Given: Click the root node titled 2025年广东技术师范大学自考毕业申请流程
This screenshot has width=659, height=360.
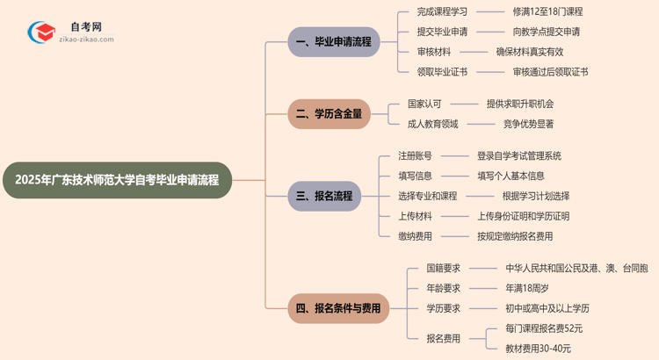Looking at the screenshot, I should click(x=118, y=180).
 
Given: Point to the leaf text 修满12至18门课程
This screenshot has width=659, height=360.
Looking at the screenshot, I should click(x=547, y=11).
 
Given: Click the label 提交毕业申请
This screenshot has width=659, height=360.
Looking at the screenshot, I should click(x=443, y=32).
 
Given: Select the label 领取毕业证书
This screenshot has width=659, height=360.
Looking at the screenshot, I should click(x=443, y=72).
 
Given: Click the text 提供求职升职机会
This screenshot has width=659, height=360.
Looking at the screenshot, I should click(x=520, y=104).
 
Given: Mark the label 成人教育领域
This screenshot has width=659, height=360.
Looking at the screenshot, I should click(x=433, y=124).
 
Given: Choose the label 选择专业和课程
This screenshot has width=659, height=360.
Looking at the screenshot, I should click(x=428, y=196).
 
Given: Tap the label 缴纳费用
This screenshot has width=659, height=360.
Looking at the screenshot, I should click(x=415, y=236).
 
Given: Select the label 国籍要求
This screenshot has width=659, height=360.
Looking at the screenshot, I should click(x=444, y=268).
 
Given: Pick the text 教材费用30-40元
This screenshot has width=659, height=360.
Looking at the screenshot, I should click(x=538, y=349).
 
